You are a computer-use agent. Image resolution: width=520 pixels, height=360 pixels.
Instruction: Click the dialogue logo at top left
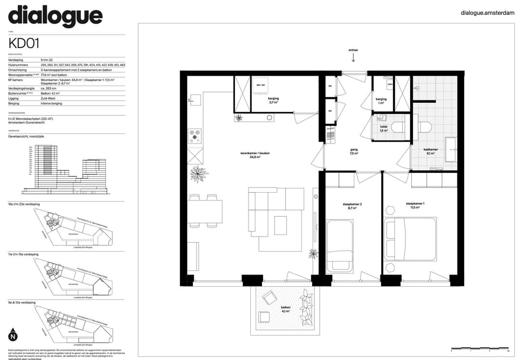point(55,17)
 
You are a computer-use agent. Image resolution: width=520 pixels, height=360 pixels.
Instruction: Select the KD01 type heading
point(24,43)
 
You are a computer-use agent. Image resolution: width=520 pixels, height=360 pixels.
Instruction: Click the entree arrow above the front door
point(353,57)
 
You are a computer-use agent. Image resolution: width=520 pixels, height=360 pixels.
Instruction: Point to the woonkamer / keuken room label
point(255,155)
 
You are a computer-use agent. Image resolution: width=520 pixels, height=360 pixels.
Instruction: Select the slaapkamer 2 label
point(352,206)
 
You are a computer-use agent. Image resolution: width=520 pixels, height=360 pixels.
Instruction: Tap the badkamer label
point(430,151)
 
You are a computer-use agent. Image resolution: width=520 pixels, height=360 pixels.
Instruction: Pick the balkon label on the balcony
point(286,309)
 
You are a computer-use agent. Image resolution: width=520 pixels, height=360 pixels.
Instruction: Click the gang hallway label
point(354,151)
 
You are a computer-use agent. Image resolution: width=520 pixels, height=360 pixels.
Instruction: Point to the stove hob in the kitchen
point(195,136)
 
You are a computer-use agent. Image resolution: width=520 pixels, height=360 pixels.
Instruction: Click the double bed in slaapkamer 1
point(410,239)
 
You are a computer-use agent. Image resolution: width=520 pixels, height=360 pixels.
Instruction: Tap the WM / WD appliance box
point(261,85)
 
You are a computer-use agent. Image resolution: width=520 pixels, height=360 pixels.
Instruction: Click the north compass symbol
point(13,334)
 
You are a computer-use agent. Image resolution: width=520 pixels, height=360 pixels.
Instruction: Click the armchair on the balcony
point(269,299)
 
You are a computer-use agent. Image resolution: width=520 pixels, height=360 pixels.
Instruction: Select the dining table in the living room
point(205,211)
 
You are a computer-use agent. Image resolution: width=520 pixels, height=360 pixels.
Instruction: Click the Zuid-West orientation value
point(48,98)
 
